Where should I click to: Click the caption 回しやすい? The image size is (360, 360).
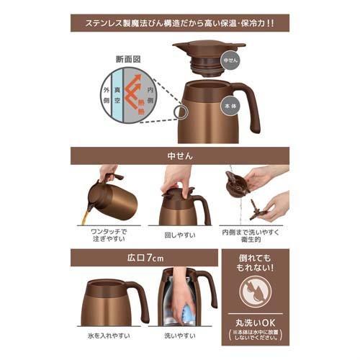pos(180,234)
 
